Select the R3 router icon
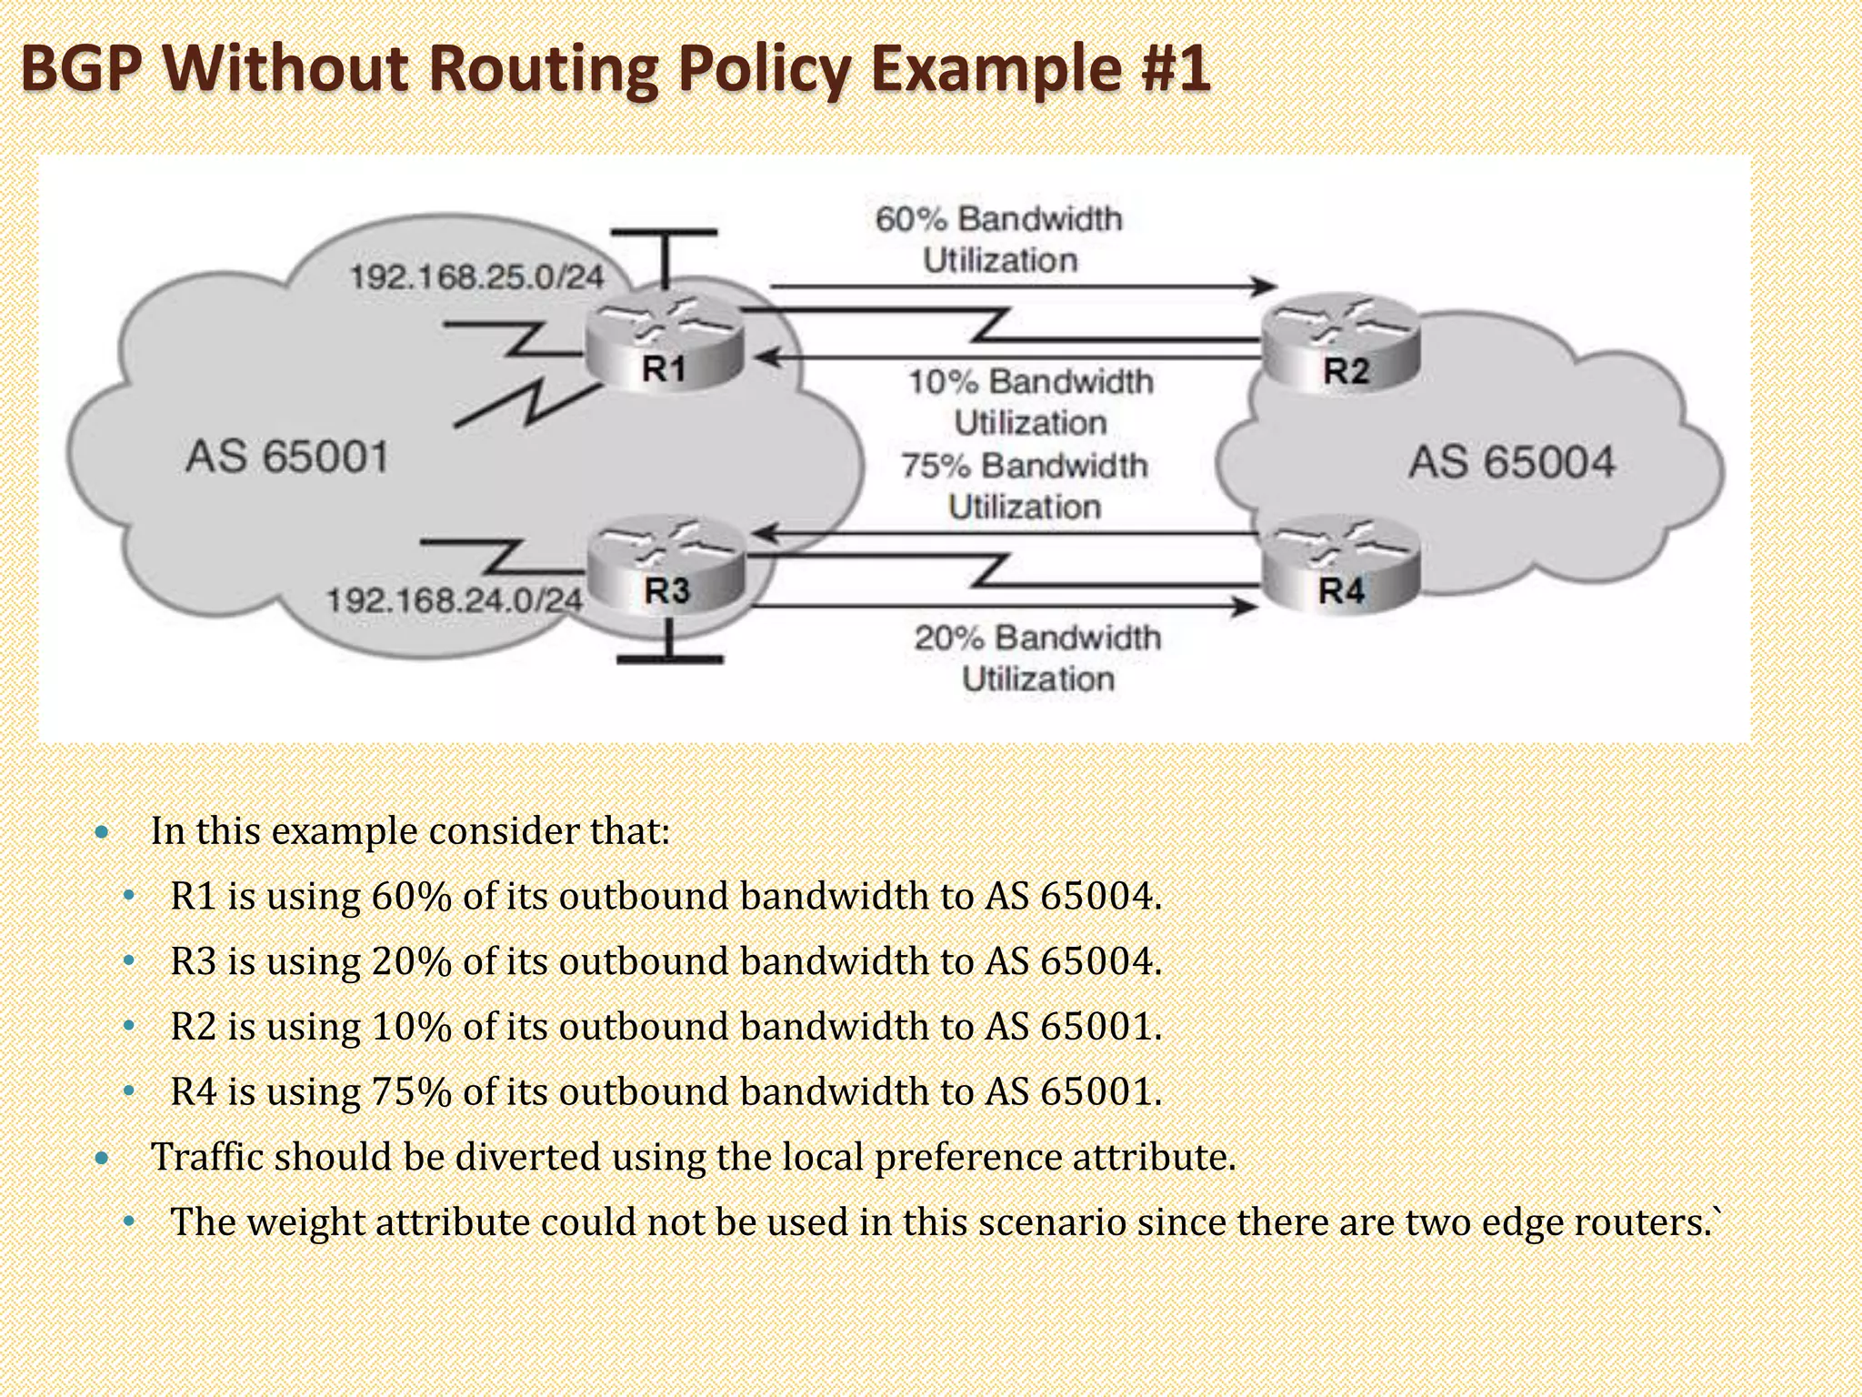tap(666, 565)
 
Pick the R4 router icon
tap(1341, 565)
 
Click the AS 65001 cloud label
tap(287, 456)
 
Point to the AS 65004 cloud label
tap(1511, 461)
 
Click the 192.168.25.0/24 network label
tap(476, 276)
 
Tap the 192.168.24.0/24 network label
tap(454, 599)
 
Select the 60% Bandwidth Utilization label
tap(999, 239)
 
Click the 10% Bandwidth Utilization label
tap(1030, 401)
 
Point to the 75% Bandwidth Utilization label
tap(1025, 486)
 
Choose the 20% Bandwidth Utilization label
tap(1037, 658)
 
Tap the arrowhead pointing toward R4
tap(1245, 606)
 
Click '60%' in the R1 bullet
tap(411, 896)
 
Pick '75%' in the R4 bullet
tap(411, 1091)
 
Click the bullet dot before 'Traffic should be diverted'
tap(102, 1158)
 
